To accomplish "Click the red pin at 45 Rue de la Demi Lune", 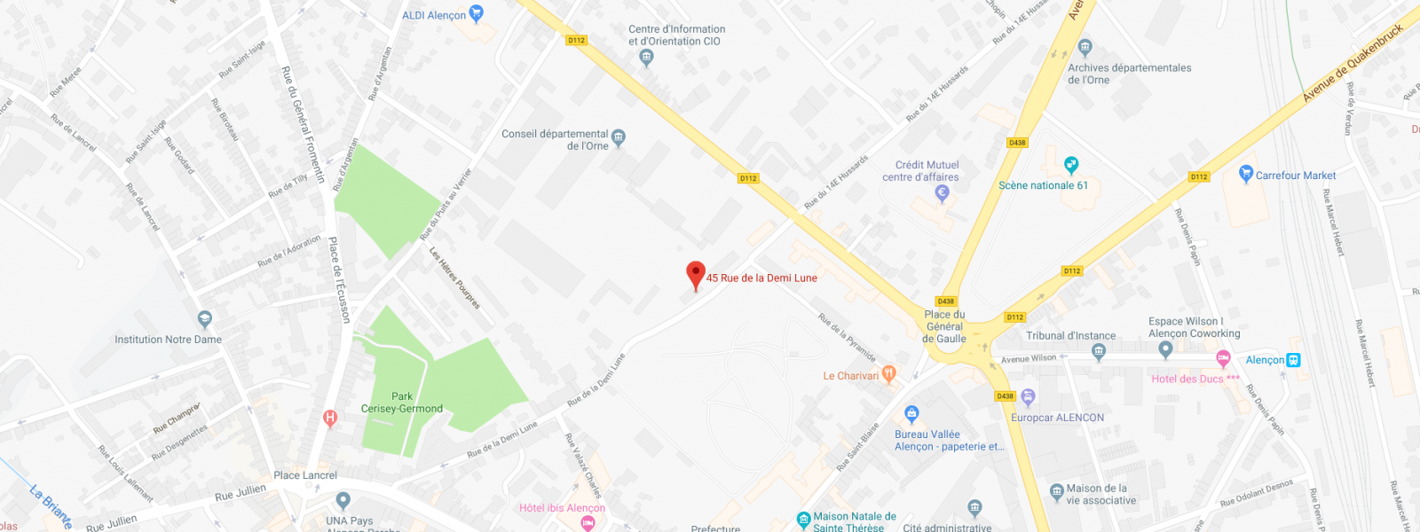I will click(x=696, y=274).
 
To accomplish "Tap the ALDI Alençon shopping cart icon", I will click(x=477, y=13).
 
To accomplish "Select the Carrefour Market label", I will click(x=1295, y=176).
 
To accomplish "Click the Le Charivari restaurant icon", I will click(x=888, y=375).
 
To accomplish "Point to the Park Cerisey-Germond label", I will click(x=402, y=403).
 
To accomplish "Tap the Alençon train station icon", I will click(x=1294, y=360).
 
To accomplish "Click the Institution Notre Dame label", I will click(x=168, y=340).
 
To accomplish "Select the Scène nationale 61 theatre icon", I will click(x=1071, y=165).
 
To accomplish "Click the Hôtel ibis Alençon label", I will click(x=562, y=508).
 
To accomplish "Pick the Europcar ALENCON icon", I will click(x=1028, y=396).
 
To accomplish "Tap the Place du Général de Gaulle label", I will click(x=944, y=326).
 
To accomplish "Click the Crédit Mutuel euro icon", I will click(x=943, y=192).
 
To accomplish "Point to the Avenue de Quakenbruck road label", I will click(x=1353, y=62).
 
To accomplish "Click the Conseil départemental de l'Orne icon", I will click(x=619, y=137).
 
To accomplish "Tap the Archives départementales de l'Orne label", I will click(x=1129, y=74).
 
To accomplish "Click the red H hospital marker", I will click(x=330, y=418).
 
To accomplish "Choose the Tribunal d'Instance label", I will click(x=1070, y=336).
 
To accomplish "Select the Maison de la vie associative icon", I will click(x=1056, y=491).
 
